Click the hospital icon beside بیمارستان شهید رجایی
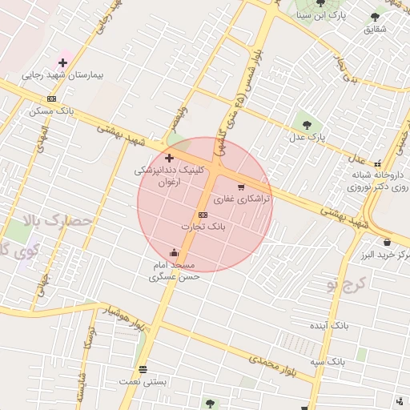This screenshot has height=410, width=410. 62,62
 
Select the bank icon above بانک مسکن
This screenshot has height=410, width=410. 51,98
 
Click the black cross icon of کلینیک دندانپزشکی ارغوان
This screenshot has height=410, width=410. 169,159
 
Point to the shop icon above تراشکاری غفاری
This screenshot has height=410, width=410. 241,187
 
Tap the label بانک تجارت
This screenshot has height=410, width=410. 203,227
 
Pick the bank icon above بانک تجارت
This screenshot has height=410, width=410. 202,215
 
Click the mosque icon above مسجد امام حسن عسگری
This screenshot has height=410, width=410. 174,253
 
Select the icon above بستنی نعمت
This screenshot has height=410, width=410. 143,369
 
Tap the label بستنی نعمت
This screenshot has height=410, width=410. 143,382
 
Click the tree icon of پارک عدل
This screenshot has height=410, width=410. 307,124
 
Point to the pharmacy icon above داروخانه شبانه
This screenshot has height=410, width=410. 377,163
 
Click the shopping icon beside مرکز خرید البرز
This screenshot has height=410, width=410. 387,243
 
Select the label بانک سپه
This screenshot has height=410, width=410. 328,362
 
